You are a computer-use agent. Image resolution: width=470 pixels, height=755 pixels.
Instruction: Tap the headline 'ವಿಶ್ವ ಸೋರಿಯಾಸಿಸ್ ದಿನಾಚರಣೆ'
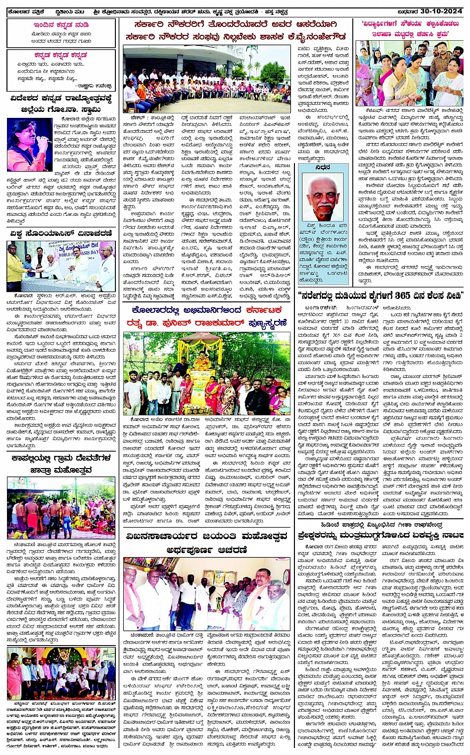61,233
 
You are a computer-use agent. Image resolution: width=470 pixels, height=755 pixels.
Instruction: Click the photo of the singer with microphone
29,145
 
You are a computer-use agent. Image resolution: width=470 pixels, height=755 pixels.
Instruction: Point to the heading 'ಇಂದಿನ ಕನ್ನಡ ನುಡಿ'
61,24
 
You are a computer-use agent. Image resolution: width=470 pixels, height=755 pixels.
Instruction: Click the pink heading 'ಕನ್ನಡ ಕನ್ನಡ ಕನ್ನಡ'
61,55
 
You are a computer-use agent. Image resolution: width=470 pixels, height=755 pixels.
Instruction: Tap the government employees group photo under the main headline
207,80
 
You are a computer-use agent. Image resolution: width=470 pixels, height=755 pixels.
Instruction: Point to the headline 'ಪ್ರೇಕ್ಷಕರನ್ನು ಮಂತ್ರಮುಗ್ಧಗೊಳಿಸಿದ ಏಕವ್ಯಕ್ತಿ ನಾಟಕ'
380,536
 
